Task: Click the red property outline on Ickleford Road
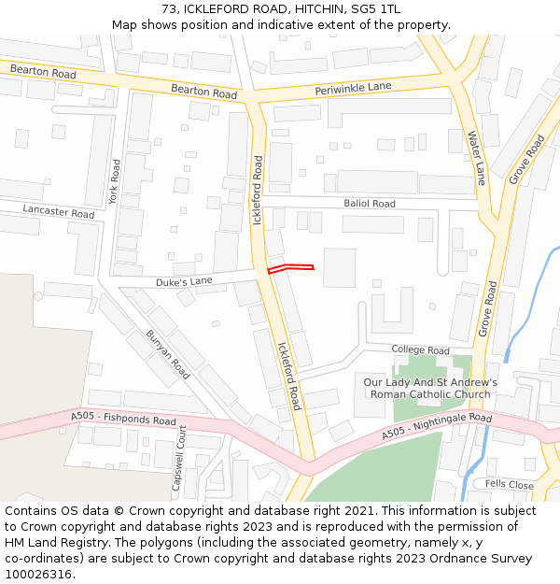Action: coord(290,268)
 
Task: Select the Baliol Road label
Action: coord(370,204)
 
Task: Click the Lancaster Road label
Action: coord(59,212)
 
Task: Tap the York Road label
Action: coord(115,181)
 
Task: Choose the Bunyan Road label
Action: coord(168,354)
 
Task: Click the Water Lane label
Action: coord(476,157)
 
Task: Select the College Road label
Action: coord(420,350)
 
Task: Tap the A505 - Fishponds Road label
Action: coord(123,420)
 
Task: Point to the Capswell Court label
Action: coord(181,462)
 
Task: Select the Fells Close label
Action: coord(509,485)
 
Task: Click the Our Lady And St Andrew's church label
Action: coord(430,389)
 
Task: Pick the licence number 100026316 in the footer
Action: coord(38,575)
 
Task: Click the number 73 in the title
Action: coord(168,9)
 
